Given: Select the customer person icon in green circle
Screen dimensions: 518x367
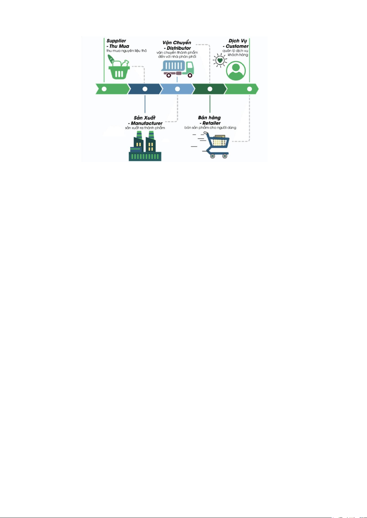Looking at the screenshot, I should pyautogui.click(x=236, y=71).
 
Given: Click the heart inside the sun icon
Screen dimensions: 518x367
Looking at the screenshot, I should pyautogui.click(x=220, y=60).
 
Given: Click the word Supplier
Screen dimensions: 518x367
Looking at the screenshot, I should pyautogui.click(x=116, y=41).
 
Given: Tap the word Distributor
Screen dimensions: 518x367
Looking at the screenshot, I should pyautogui.click(x=179, y=48).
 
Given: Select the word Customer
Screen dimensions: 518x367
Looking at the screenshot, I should pyautogui.click(x=237, y=46).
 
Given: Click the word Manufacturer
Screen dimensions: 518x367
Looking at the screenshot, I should pyautogui.click(x=147, y=123).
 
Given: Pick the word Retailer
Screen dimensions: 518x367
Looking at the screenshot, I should pyautogui.click(x=212, y=123).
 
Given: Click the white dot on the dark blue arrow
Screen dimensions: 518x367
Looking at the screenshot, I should pyautogui.click(x=145, y=89).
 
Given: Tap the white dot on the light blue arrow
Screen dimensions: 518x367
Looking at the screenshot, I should pyautogui.click(x=177, y=89).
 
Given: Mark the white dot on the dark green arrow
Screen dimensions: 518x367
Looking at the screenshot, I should pyautogui.click(x=210, y=89).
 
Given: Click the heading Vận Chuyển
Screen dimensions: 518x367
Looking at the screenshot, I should pyautogui.click(x=177, y=43).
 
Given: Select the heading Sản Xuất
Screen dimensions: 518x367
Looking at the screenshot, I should pyautogui.click(x=145, y=118).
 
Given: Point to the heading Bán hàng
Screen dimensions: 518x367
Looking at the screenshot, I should pyautogui.click(x=209, y=117).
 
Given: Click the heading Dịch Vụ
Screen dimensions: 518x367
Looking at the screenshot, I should pyautogui.click(x=238, y=41).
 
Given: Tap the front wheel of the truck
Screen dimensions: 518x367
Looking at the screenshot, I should pyautogui.click(x=190, y=75).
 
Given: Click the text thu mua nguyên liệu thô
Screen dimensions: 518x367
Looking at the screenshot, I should pyautogui.click(x=127, y=51).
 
